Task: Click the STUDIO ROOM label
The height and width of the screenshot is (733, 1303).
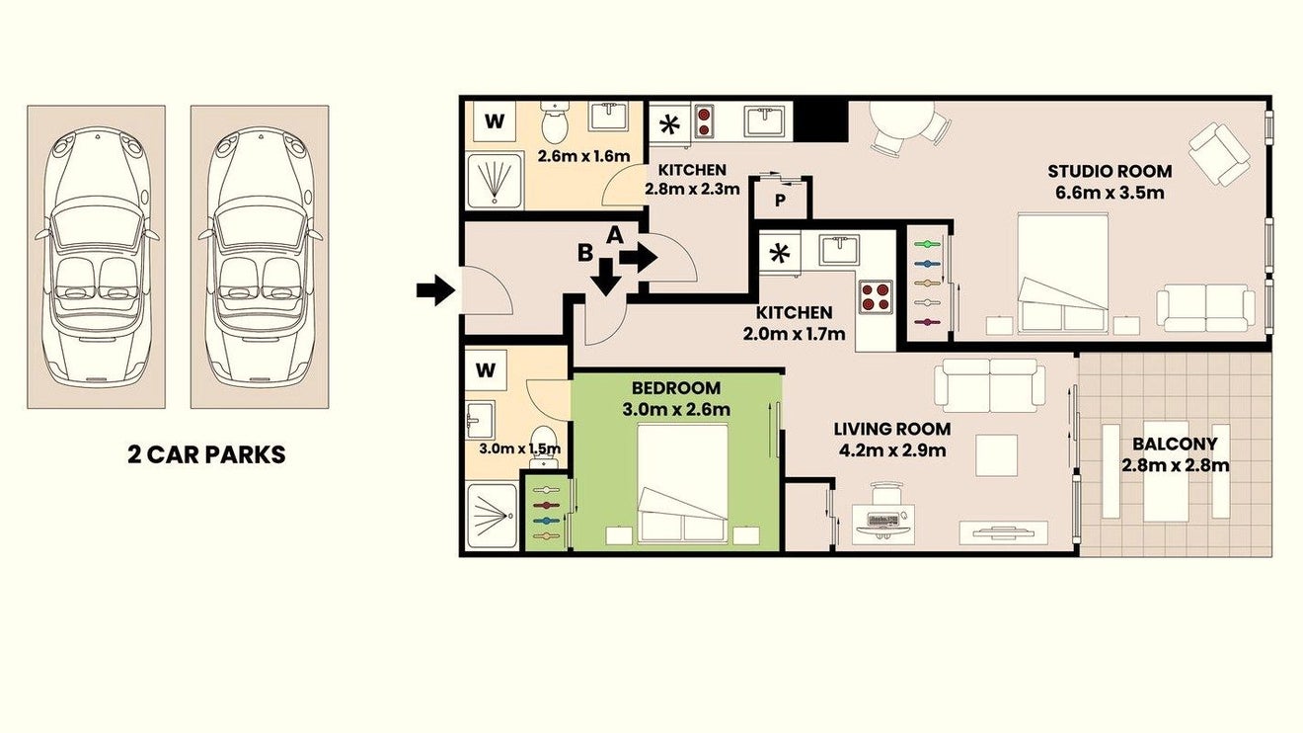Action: pos(1110,172)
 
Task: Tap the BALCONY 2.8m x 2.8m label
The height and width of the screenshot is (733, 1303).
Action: pos(1175,454)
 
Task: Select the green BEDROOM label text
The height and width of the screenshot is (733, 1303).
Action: pos(676,388)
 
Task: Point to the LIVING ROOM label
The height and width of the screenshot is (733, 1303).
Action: pos(892,429)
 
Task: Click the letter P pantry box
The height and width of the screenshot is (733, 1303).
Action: pos(781,200)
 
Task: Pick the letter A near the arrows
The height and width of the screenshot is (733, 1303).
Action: pos(615,235)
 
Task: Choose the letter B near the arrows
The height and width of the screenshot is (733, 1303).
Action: pos(584,253)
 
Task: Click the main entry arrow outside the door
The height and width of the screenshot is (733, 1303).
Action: pos(435,289)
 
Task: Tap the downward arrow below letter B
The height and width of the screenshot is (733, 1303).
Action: pos(607,278)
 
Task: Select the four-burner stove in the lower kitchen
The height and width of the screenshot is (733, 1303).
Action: pos(876,297)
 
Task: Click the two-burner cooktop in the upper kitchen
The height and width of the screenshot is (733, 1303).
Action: pos(704,122)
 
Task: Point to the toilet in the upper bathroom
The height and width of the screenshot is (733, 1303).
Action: pos(553,121)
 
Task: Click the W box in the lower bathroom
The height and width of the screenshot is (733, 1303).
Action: pos(486,370)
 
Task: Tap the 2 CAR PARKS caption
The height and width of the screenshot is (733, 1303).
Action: pos(206,454)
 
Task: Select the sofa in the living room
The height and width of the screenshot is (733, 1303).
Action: pos(989,385)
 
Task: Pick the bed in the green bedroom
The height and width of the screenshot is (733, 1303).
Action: pos(683,484)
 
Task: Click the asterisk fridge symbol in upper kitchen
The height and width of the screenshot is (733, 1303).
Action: pos(669,124)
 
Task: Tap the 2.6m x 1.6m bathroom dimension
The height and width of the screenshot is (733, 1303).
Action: pos(583,156)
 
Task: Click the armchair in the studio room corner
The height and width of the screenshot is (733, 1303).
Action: pos(1219,153)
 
